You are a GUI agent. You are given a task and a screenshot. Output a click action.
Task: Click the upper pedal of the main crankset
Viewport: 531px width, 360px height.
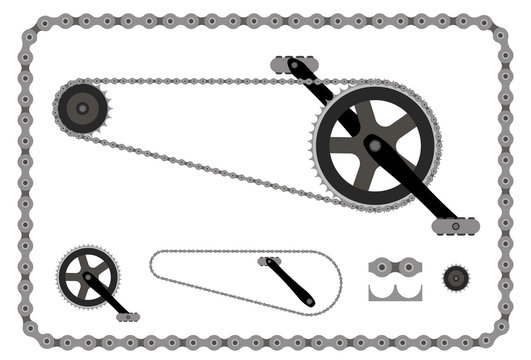click(294, 64)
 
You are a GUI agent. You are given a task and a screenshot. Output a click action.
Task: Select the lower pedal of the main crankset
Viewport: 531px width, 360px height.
click(455, 227)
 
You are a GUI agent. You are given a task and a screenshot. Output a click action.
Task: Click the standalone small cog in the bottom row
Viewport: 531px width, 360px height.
click(456, 276)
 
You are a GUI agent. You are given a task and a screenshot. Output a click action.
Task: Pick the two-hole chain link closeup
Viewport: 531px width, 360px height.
click(395, 268)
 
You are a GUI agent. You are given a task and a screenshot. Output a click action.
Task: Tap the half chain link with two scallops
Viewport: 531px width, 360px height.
click(395, 291)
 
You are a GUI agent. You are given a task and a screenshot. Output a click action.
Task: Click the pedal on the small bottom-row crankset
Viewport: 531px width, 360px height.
click(127, 317)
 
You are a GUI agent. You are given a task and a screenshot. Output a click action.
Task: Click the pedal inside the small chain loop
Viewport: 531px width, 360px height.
click(267, 261)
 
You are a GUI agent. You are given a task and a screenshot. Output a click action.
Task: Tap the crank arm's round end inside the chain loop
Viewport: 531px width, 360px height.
click(309, 300)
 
